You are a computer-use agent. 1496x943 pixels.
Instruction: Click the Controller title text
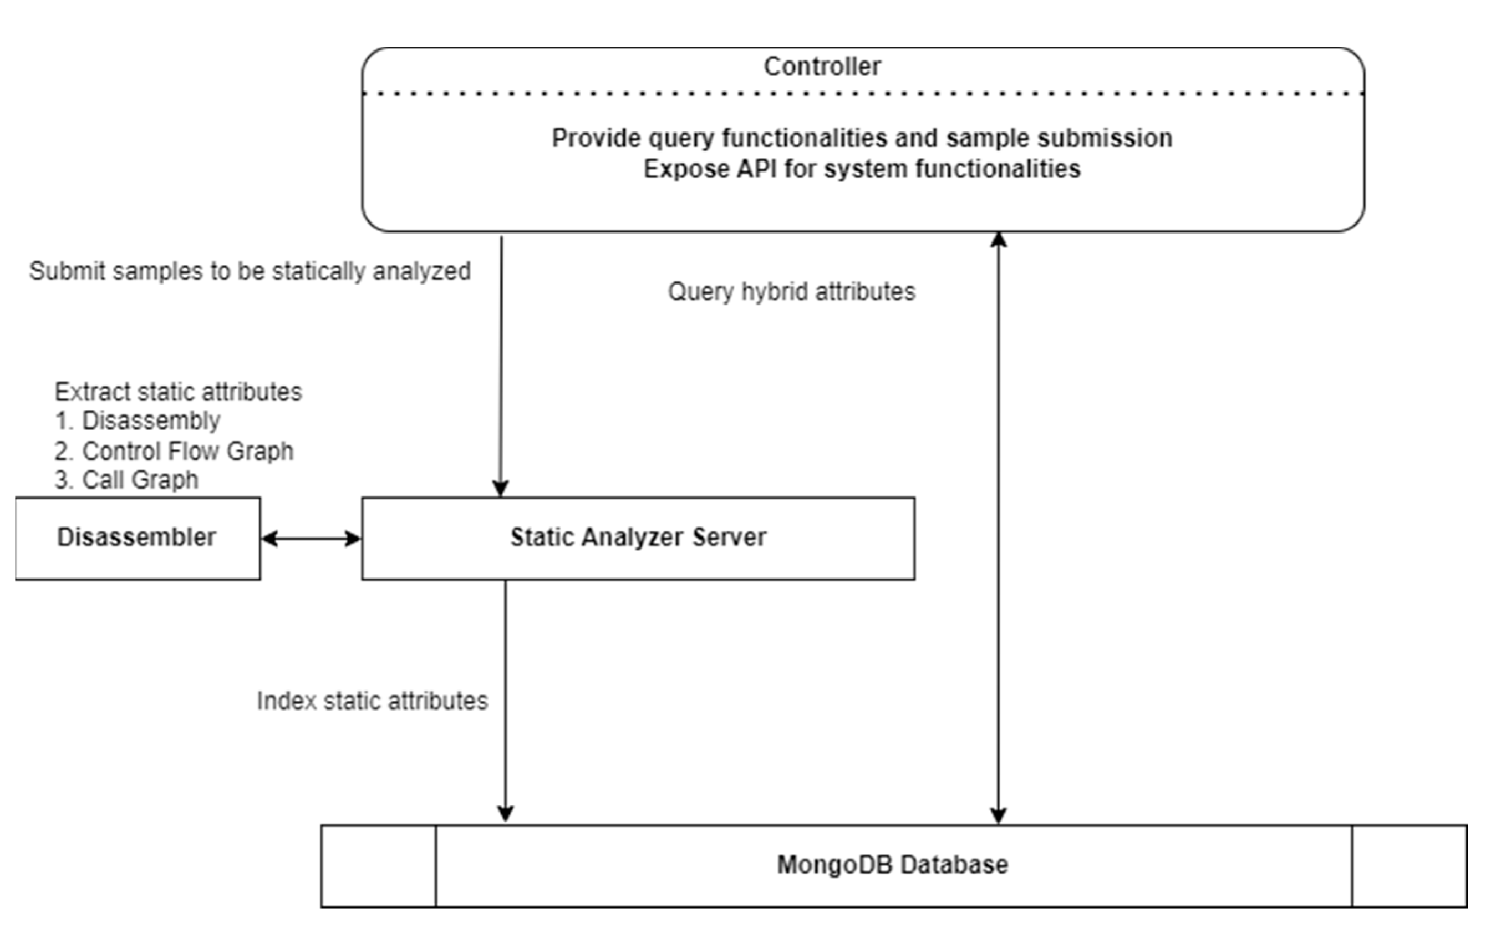point(821,67)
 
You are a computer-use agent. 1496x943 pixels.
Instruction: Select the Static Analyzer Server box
point(638,538)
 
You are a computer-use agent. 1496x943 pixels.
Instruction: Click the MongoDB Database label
point(892,865)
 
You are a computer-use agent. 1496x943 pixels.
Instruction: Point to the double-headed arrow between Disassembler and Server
point(311,538)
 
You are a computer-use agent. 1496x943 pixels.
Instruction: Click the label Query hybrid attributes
point(791,292)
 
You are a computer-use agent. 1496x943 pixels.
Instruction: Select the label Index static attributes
point(372,701)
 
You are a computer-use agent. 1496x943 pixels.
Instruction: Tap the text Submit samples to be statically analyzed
point(250,271)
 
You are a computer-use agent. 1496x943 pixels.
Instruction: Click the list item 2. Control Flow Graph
point(174,450)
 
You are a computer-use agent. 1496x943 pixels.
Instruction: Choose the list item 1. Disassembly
point(138,421)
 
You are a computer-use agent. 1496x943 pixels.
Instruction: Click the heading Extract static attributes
point(179,392)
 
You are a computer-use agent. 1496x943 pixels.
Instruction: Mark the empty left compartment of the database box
point(378,866)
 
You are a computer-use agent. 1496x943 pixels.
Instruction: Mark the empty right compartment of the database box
point(1409,866)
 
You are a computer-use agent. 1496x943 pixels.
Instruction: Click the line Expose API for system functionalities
point(862,169)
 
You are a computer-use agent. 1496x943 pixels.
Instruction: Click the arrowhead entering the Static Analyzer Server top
point(501,488)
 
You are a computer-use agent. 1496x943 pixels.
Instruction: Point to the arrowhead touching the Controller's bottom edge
point(999,239)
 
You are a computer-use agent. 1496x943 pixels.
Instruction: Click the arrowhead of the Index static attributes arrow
point(505,814)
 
